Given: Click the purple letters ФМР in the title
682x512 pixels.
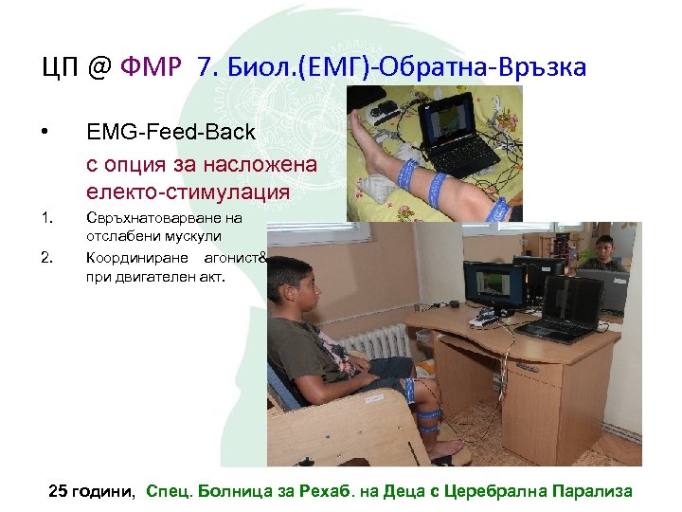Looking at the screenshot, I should click(x=153, y=67).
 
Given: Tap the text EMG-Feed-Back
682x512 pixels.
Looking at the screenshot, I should click(x=170, y=132).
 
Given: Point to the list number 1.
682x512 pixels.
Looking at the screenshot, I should click(x=46, y=219).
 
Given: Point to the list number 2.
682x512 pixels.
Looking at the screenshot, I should click(x=46, y=257).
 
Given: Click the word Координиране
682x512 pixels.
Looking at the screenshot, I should click(x=138, y=257).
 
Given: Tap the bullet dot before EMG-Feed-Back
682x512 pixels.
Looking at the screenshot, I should click(x=45, y=131).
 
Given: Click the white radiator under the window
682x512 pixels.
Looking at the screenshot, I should click(x=373, y=342).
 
